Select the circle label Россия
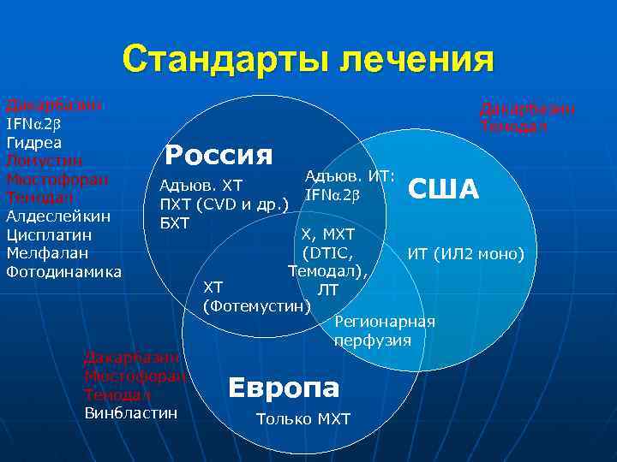219,154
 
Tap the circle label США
444,188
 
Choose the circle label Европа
284,387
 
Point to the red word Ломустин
45,160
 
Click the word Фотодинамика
63,272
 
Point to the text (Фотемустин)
257,305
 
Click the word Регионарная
384,322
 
